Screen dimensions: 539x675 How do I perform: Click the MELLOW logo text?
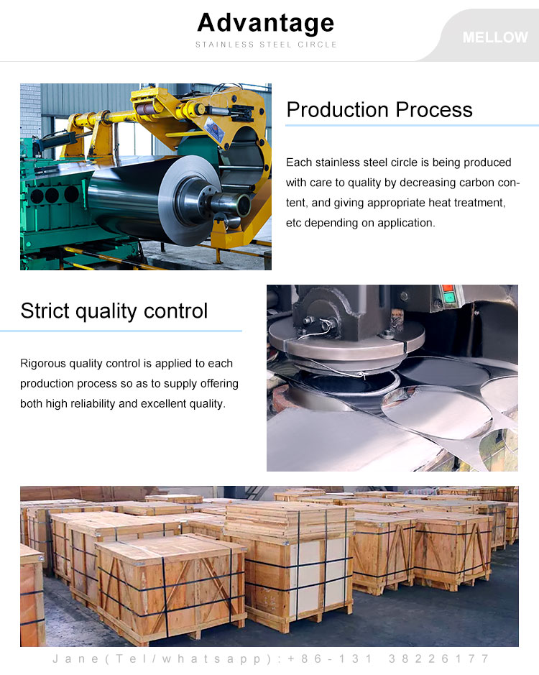[x=495, y=37]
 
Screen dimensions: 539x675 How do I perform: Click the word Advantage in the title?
[x=266, y=23]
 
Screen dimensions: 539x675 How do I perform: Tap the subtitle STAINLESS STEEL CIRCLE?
[x=266, y=45]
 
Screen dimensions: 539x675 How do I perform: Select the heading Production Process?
[x=379, y=109]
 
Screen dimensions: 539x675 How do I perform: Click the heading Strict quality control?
[x=114, y=311]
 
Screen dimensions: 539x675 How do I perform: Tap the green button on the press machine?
[x=448, y=298]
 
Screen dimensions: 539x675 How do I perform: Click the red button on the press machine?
[x=447, y=288]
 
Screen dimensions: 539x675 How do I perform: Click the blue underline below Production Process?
[x=412, y=126]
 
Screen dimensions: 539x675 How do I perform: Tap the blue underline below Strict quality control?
[x=121, y=331]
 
